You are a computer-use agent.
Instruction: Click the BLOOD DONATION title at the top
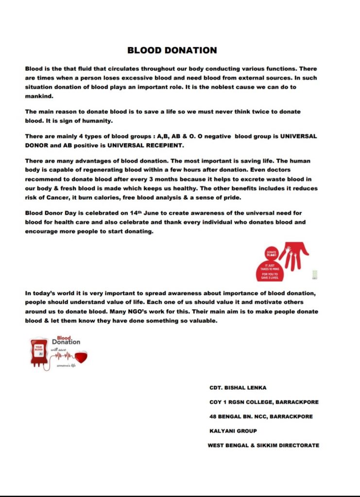(x=172, y=50)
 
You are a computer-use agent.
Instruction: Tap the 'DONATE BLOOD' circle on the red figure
(x=271, y=254)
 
